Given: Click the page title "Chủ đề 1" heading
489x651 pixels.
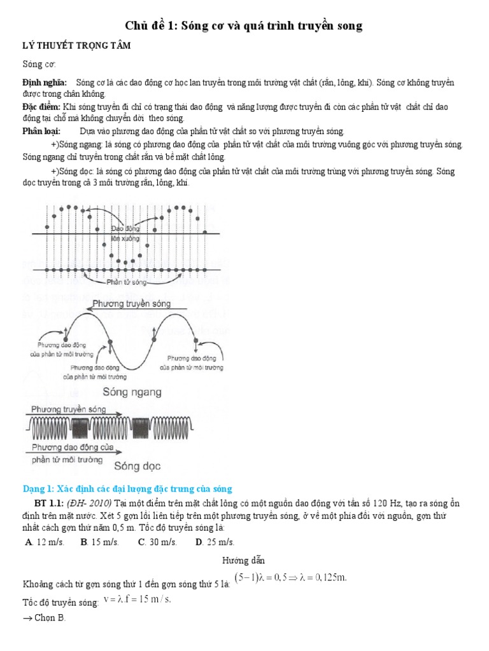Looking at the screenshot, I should pos(243,26).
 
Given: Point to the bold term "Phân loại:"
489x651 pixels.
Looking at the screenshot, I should pos(41,132).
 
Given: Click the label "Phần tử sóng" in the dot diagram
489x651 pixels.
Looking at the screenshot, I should pos(128,281).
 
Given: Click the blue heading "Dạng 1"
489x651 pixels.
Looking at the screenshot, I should pos(128,488).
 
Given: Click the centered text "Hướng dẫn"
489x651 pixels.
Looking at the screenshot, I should pos(243,561).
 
